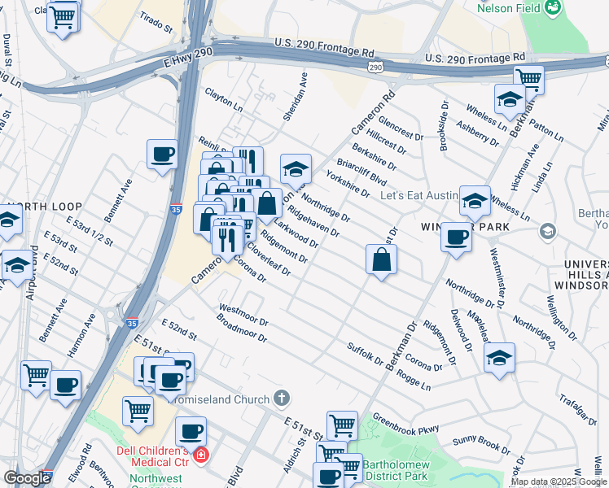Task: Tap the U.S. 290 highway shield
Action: click(375, 64)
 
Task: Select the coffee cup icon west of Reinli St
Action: click(162, 153)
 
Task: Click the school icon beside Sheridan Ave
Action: click(296, 168)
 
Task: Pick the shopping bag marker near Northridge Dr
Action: click(381, 259)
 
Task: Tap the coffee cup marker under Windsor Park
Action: click(456, 237)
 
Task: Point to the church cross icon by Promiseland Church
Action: click(281, 398)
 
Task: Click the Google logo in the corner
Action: click(27, 478)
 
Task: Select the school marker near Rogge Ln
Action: click(499, 357)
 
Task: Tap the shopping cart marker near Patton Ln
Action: click(528, 80)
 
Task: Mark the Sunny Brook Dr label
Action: click(481, 442)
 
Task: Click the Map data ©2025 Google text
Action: click(559, 481)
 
